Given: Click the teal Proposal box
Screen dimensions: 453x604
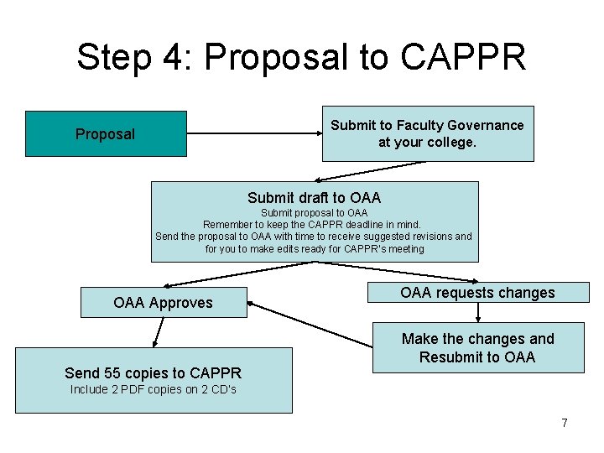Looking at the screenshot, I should (x=106, y=133).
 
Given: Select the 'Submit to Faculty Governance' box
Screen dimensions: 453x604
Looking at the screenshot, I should (x=428, y=133).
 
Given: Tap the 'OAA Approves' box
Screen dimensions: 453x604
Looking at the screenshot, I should (x=164, y=303).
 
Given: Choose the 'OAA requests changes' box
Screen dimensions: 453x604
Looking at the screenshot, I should (x=477, y=293).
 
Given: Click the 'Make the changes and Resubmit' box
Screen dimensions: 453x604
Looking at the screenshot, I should (x=477, y=347).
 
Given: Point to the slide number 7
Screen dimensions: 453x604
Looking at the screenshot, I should (x=565, y=423).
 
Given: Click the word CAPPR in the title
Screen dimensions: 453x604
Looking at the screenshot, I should (x=464, y=57).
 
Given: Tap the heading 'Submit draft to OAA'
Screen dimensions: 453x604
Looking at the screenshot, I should (x=314, y=198).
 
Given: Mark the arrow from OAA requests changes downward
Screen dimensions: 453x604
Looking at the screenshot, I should (x=478, y=312).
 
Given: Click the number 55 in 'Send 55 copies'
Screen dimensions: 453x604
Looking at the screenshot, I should (x=113, y=373).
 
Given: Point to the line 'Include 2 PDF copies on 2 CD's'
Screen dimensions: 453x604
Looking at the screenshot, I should (x=154, y=389).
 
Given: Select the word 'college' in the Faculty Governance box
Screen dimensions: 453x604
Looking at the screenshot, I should (x=450, y=142).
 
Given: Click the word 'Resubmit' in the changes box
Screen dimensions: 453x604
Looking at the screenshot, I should (x=451, y=357).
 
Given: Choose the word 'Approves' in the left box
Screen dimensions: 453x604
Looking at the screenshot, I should (x=182, y=303).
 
